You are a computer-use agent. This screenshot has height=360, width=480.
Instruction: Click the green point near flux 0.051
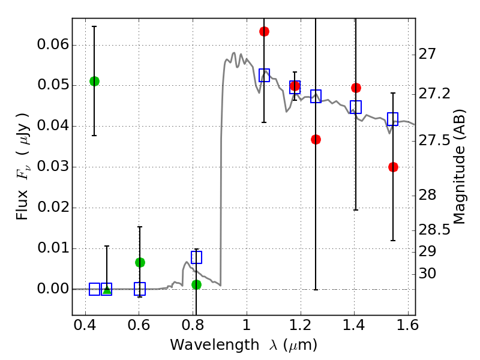tap(94, 81)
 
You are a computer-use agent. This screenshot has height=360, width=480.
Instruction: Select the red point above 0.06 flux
tap(264, 31)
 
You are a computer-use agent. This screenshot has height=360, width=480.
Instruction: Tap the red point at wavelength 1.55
tap(393, 167)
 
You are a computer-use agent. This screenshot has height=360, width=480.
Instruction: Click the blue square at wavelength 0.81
tap(196, 257)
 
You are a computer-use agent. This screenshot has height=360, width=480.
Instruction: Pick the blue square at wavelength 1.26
tap(316, 96)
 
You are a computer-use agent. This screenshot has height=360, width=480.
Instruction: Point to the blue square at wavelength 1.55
tap(393, 119)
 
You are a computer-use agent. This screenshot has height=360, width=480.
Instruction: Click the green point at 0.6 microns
tap(140, 262)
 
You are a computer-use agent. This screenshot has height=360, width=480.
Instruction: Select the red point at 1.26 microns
tap(316, 139)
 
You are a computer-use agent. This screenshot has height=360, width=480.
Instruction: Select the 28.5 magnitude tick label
tap(436, 230)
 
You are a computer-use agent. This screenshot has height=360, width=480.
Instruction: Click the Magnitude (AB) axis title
tap(460, 166)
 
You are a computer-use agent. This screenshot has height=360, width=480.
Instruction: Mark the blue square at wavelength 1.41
tap(356, 107)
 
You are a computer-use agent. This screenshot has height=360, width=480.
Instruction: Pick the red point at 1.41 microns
tap(356, 88)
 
